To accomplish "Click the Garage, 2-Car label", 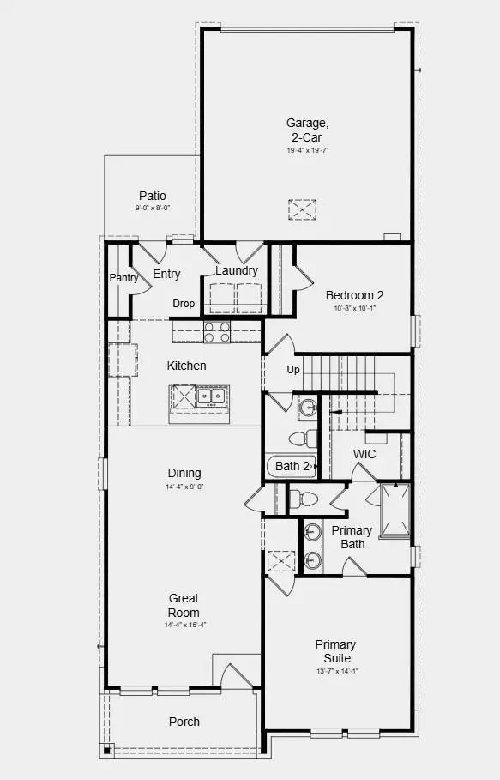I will click(307, 129).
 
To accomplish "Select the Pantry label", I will click(124, 277).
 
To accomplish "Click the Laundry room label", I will click(237, 270).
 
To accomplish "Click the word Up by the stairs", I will click(293, 370).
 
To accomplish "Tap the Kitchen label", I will click(186, 366).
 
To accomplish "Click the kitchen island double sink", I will click(210, 396).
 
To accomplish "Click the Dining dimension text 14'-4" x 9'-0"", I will click(184, 487).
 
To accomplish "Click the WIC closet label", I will click(364, 454).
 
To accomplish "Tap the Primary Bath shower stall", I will click(395, 510).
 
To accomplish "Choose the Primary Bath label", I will click(352, 537).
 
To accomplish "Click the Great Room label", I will click(184, 605).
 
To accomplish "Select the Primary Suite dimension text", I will click(335, 671).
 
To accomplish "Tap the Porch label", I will click(184, 722).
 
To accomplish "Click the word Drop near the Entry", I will click(184, 304).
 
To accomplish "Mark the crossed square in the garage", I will click(302, 209).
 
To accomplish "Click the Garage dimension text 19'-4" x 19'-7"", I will click(308, 150).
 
